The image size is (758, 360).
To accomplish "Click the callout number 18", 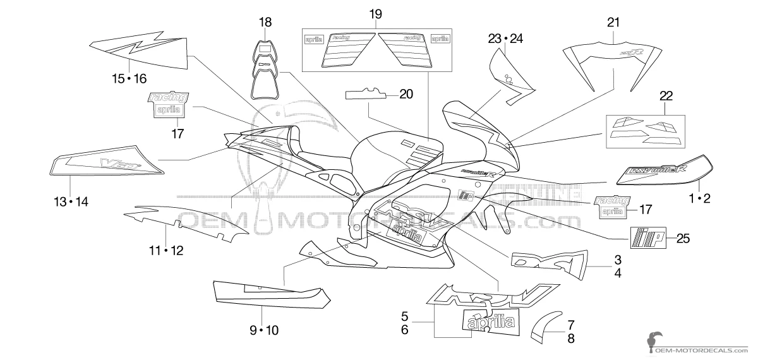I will point(265,23).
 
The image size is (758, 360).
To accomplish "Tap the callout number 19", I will point(375,13).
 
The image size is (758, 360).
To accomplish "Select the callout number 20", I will point(406,94).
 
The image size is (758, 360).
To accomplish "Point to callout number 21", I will point(613,23).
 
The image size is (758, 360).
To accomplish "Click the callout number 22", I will point(666,96).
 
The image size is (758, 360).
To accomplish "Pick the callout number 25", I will point(682,238).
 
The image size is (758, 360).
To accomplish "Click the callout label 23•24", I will point(506,39).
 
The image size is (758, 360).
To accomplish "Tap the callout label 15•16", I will point(129,78).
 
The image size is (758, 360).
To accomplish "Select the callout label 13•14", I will point(71,201).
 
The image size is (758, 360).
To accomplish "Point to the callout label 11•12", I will point(166,251).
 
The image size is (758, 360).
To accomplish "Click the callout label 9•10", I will point(263,330).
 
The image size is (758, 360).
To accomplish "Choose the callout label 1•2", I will point(699,199).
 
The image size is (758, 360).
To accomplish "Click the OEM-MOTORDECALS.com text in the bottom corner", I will point(702,349).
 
